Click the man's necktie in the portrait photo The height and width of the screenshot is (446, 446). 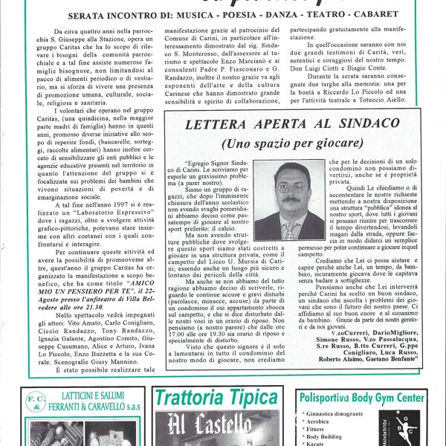click(x=289, y=229)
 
